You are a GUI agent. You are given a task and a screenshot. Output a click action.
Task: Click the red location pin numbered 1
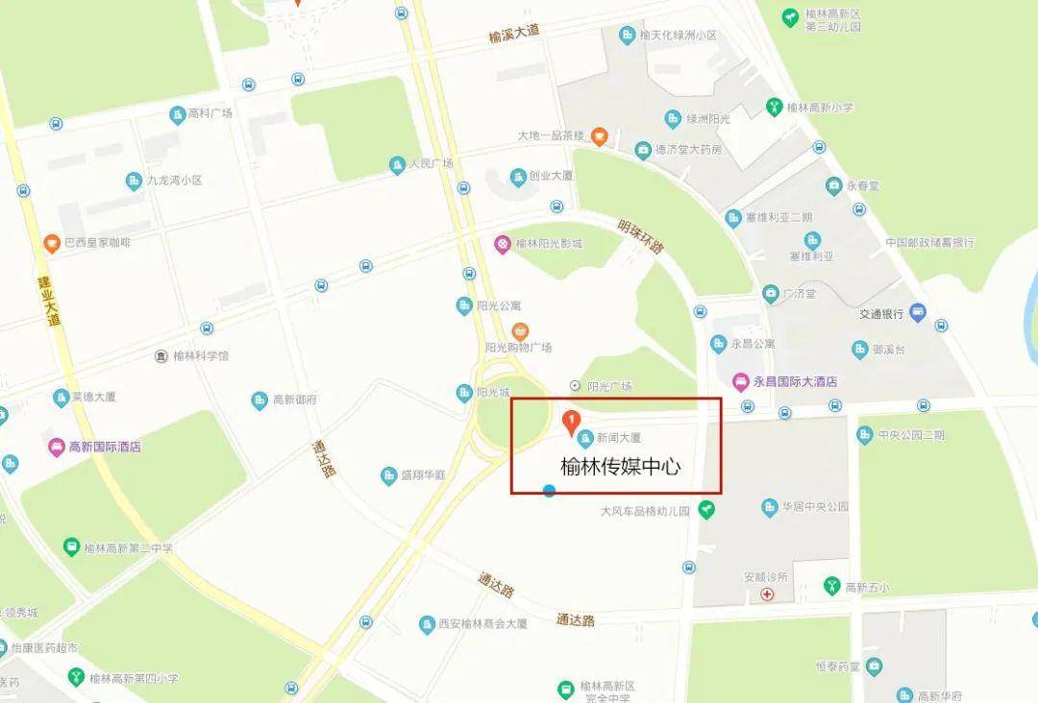[570, 421]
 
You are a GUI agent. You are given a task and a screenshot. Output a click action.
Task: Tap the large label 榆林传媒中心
[620, 467]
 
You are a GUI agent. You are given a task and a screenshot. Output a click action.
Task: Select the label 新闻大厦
[617, 438]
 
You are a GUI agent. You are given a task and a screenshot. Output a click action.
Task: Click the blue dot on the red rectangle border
[549, 492]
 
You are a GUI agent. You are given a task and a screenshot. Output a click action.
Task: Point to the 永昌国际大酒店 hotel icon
[741, 381]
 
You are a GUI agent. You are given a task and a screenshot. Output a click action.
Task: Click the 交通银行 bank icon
[918, 312]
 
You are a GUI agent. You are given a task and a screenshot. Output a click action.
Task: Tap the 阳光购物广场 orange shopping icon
[520, 331]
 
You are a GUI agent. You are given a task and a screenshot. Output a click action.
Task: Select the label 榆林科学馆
[201, 356]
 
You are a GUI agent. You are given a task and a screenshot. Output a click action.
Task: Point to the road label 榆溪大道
[514, 36]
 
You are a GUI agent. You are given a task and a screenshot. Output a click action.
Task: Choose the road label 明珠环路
[641, 233]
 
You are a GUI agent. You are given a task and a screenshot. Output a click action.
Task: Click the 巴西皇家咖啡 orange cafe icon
[51, 243]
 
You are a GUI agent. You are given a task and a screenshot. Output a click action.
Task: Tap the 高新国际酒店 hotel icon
[57, 447]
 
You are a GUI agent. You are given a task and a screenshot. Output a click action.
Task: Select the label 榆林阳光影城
[549, 244]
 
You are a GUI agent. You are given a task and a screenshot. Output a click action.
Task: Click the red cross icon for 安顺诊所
[767, 594]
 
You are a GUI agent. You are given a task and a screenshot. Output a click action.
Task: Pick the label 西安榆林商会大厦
[482, 624]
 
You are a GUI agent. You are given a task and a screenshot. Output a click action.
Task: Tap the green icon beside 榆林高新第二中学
[71, 547]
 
